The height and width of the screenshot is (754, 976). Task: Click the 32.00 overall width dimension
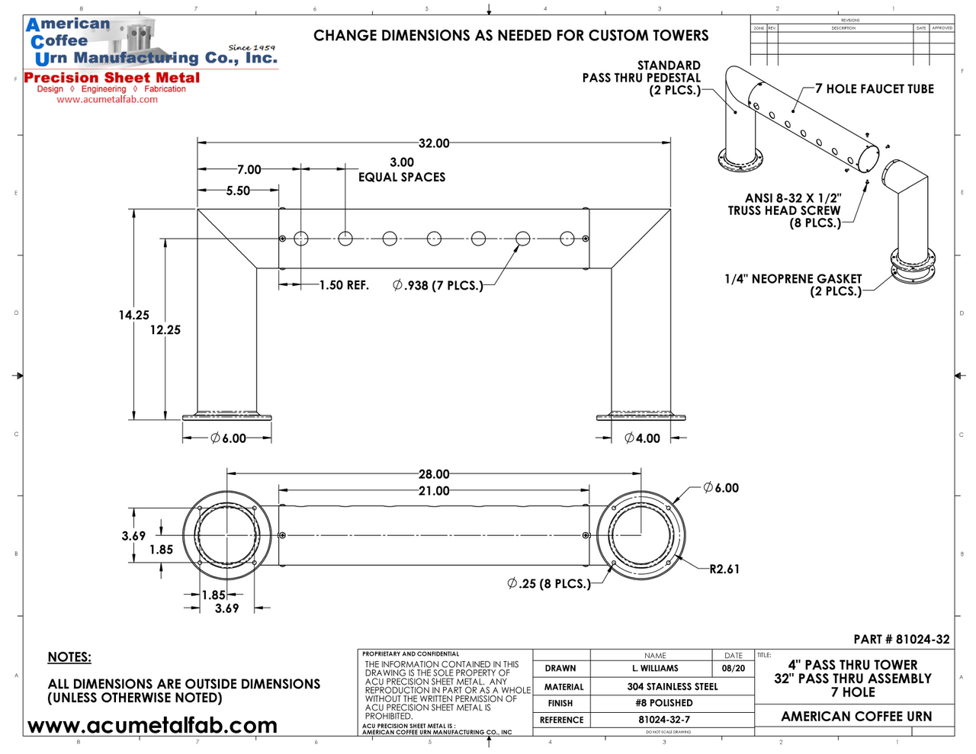[x=434, y=143]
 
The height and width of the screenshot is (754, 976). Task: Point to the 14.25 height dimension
[x=133, y=315]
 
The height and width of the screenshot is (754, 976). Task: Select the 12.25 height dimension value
[x=165, y=330]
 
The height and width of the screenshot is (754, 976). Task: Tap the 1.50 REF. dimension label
[x=344, y=285]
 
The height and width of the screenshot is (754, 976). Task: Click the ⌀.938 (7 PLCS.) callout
[x=438, y=286]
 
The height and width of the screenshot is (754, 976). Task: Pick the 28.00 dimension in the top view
[x=434, y=474]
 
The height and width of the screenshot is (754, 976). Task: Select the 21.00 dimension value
[x=434, y=491]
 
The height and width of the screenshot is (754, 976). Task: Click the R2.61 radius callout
[x=724, y=569]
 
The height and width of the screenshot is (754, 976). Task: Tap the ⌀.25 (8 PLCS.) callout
[x=549, y=584]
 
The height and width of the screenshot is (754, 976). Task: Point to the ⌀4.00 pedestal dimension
[x=642, y=438]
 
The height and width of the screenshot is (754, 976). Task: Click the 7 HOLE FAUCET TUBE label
[x=875, y=89]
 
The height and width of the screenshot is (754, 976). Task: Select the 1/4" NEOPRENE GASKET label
[x=793, y=279]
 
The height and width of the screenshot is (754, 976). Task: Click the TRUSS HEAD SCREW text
[x=784, y=210]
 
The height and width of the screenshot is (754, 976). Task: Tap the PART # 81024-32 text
[x=901, y=640]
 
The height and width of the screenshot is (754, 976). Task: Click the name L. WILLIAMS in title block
[x=655, y=669]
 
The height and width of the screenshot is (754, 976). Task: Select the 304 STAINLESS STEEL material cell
[x=673, y=687]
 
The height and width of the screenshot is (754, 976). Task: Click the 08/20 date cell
[x=734, y=669]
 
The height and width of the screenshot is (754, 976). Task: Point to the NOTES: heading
[x=69, y=657]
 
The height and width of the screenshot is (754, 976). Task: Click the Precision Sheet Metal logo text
[x=112, y=78]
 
